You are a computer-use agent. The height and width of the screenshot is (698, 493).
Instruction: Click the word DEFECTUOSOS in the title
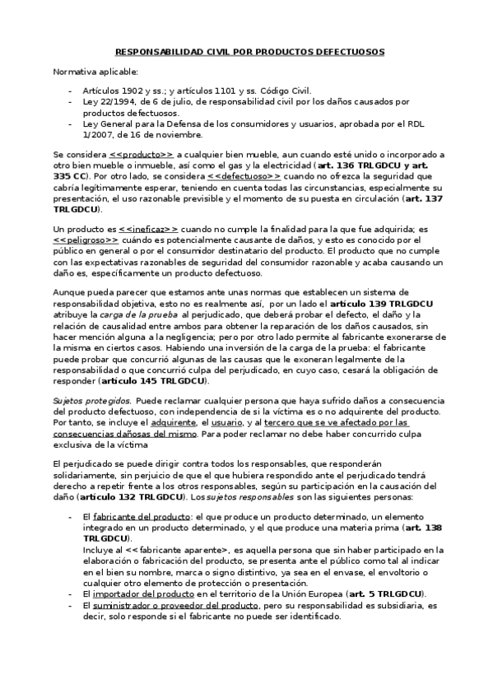coord(344,51)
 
